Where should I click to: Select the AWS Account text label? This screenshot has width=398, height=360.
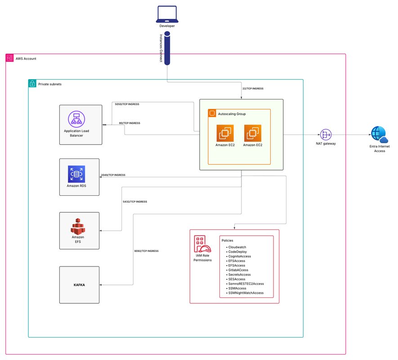click(26, 59)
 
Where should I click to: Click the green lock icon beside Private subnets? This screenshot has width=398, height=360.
click(32, 84)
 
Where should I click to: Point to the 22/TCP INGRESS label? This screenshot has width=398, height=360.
click(253, 89)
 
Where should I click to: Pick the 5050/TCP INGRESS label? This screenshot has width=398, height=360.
click(127, 104)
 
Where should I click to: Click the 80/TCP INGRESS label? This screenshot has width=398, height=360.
click(130, 123)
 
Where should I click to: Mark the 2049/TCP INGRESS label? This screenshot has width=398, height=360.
click(113, 175)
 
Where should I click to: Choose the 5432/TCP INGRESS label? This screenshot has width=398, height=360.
click(135, 202)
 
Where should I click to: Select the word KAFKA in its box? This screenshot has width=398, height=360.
click(80, 285)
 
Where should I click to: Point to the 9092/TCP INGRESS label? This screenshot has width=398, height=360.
click(147, 251)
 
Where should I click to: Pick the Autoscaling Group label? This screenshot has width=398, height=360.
click(231, 114)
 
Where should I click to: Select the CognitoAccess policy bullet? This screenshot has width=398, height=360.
click(239, 256)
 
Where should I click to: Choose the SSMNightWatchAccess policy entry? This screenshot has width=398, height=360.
click(246, 293)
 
